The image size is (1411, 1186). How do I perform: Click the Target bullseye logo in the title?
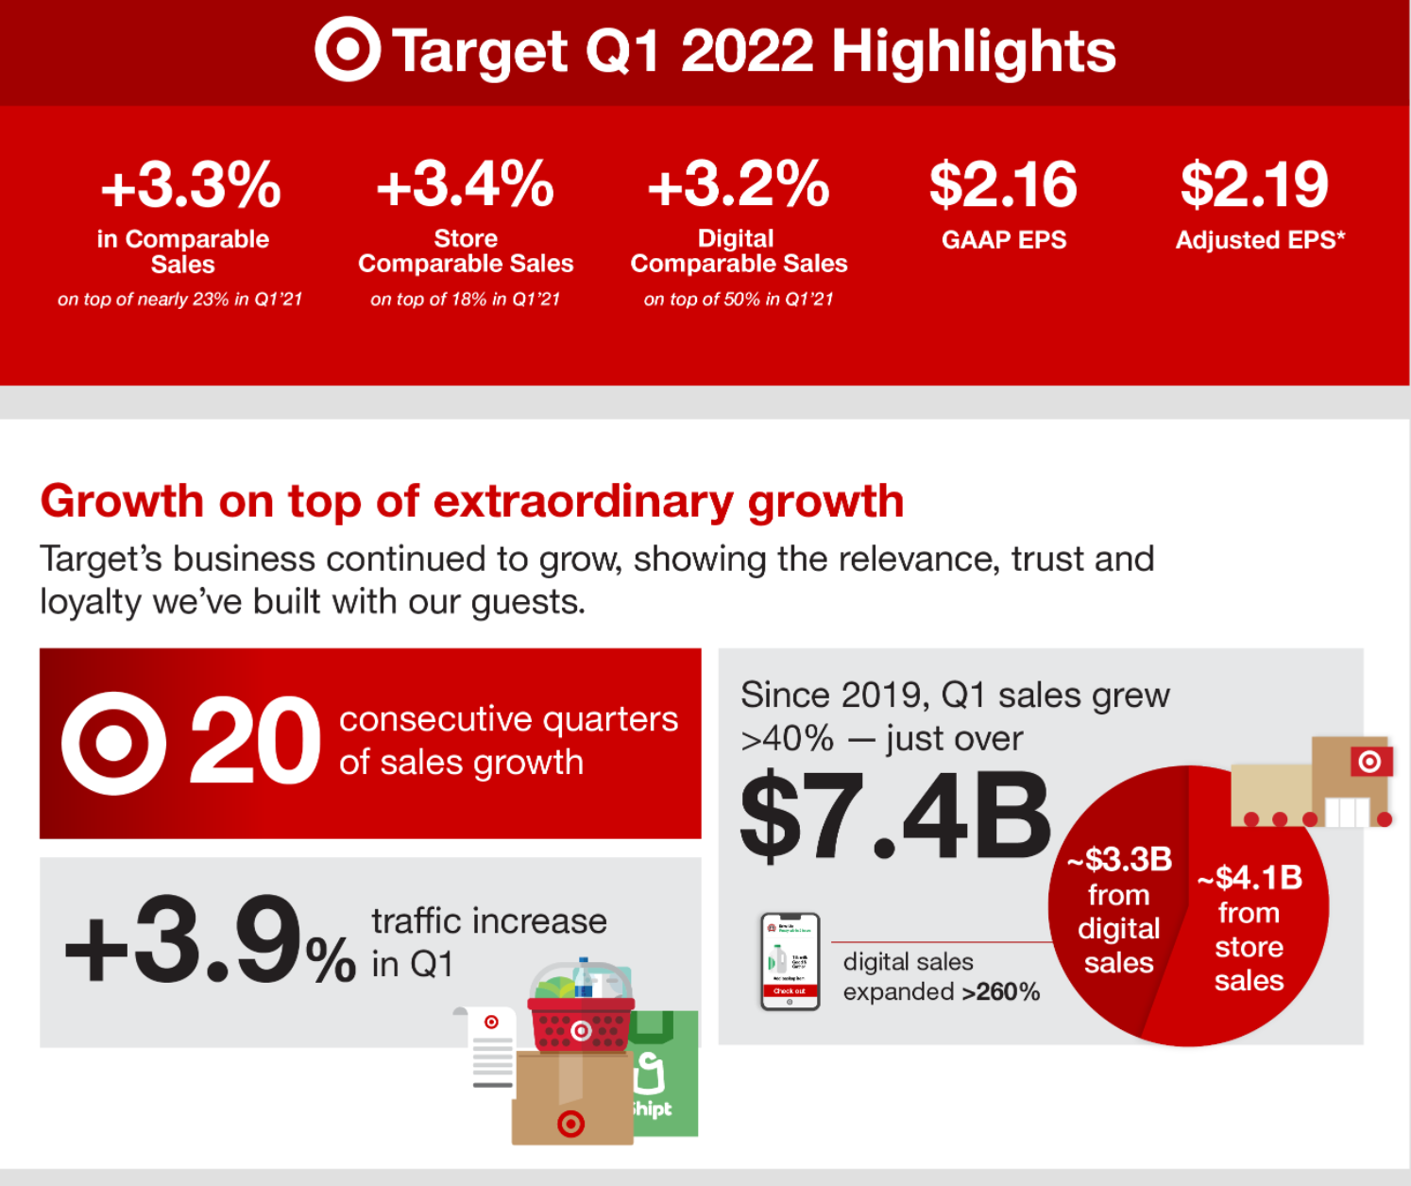[x=347, y=50]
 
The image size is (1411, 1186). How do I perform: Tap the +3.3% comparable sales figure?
[x=191, y=184]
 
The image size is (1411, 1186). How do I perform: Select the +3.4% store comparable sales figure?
[x=465, y=184]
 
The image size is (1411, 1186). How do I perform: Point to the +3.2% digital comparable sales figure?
[x=739, y=184]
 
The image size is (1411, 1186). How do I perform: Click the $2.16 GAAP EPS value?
[x=1003, y=184]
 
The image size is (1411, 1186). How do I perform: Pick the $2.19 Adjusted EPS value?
[x=1254, y=184]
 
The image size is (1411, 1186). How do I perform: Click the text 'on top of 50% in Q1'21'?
[x=739, y=300]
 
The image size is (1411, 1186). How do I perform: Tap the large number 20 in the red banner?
[x=255, y=743]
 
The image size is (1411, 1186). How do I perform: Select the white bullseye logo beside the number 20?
[x=114, y=743]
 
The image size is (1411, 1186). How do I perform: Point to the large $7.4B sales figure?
[x=893, y=816]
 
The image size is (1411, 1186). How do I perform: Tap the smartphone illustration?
[x=790, y=961]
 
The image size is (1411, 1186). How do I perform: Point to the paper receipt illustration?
[x=492, y=1049]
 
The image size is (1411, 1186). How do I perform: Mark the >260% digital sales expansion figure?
[x=1001, y=992]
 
